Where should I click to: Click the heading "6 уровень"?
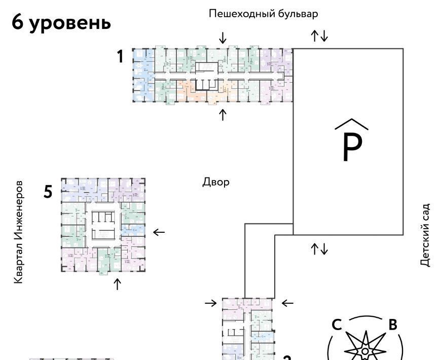tap(61, 23)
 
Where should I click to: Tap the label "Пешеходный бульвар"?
tap(264, 14)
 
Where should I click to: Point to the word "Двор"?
tap(216, 182)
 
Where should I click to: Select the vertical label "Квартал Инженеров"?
tap(19, 231)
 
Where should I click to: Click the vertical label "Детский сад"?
tap(425, 235)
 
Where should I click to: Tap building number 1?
tap(120, 57)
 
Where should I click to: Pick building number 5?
tap(48, 192)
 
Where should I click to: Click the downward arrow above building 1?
tap(223, 38)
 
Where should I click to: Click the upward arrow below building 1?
tap(223, 115)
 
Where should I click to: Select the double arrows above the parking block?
tap(320, 35)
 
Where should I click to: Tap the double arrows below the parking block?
tap(320, 248)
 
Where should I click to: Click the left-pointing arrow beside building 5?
tap(159, 232)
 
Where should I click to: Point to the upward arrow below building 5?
tap(118, 284)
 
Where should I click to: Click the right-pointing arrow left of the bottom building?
tap(211, 303)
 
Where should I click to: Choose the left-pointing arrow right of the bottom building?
tap(287, 303)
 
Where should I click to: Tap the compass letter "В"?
tap(392, 325)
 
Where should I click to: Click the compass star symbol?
tap(364, 347)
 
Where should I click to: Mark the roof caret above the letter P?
tap(351, 125)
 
